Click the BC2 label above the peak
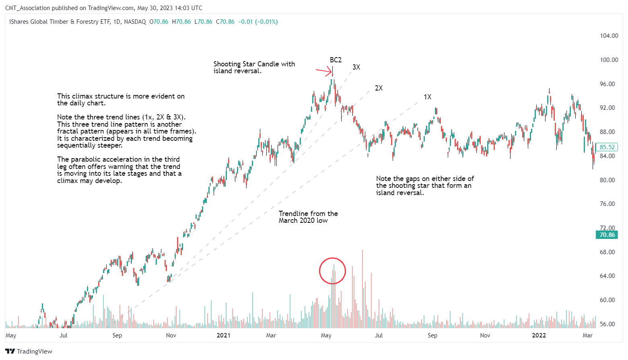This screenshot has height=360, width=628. [x=336, y=60]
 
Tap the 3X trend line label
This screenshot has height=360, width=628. [x=356, y=67]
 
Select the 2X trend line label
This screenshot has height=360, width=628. [x=379, y=88]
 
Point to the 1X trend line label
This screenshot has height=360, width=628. [x=427, y=97]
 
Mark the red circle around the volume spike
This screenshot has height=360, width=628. [x=332, y=271]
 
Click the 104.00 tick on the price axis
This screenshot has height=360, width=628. [x=609, y=36]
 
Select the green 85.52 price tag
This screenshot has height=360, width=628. [x=607, y=147]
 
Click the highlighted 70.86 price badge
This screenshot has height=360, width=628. [x=607, y=235]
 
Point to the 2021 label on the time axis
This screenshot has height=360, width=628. [x=223, y=335]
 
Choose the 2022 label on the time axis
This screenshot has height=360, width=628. [x=539, y=335]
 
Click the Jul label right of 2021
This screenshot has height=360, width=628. [x=379, y=335]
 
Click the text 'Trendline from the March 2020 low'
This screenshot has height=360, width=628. [x=308, y=217]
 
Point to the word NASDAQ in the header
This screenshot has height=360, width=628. [x=135, y=22]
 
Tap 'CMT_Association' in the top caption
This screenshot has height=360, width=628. [x=27, y=8]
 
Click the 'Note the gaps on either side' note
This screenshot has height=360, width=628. [x=425, y=185]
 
